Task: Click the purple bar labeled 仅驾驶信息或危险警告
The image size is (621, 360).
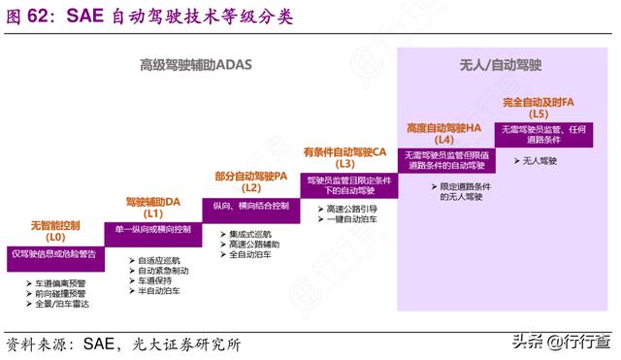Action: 53,253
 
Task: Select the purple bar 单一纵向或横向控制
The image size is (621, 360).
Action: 152,229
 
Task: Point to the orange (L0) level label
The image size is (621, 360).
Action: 55,237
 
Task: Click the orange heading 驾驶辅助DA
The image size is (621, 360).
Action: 153,201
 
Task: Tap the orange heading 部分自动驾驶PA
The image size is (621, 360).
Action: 250,176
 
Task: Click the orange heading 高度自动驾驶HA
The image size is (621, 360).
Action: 444,127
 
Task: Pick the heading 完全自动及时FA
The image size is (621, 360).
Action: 539,101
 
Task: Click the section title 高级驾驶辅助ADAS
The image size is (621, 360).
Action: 194,65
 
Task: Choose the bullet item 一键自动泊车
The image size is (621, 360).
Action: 352,220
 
